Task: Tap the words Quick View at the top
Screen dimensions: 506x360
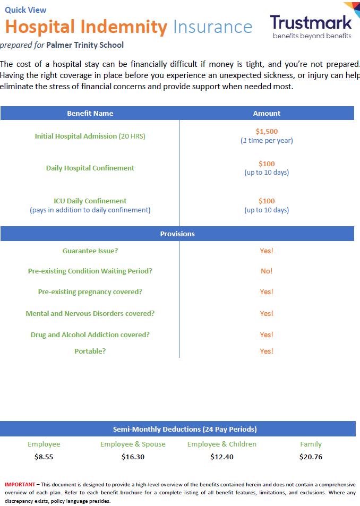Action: (x=25, y=10)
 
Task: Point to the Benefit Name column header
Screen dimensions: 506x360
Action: (x=90, y=113)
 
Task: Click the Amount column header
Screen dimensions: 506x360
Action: (x=267, y=113)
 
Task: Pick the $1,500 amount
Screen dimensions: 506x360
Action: (x=267, y=131)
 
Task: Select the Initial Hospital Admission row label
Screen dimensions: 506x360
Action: (x=90, y=136)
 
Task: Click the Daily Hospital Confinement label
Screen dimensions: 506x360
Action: (x=90, y=168)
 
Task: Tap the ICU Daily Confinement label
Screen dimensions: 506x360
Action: (x=90, y=201)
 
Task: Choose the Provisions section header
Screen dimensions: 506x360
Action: (x=177, y=234)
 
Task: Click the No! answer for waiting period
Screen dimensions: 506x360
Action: (x=267, y=271)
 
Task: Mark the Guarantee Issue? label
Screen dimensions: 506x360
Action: (x=90, y=251)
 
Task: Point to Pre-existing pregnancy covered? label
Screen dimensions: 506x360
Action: (x=90, y=291)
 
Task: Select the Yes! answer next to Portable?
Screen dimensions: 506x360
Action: (x=267, y=351)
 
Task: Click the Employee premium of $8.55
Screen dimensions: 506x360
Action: (x=44, y=457)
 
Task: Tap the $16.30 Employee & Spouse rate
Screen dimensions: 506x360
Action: (x=133, y=457)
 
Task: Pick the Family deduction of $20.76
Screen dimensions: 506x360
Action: (x=311, y=457)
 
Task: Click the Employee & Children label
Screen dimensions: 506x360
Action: (x=221, y=444)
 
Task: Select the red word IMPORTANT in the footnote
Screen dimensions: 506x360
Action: (x=20, y=484)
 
